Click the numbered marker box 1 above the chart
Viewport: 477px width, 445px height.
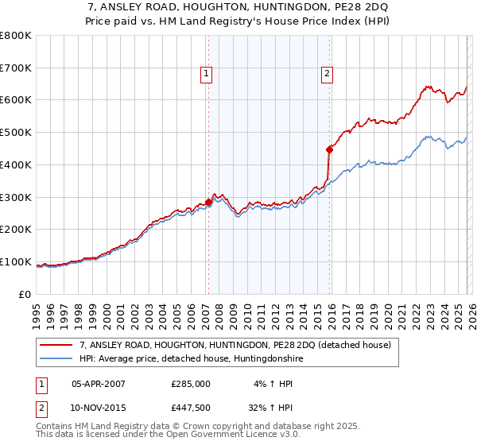coord(207,74)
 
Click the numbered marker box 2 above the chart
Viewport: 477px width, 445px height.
coord(327,74)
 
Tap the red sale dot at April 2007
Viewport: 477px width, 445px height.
coord(208,202)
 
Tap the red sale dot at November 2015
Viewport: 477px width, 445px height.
coord(329,149)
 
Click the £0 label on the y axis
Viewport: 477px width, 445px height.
coord(24,295)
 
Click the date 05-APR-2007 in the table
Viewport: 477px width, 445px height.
coord(99,383)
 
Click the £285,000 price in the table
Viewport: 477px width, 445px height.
coord(191,383)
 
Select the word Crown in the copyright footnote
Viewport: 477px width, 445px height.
coord(202,426)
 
